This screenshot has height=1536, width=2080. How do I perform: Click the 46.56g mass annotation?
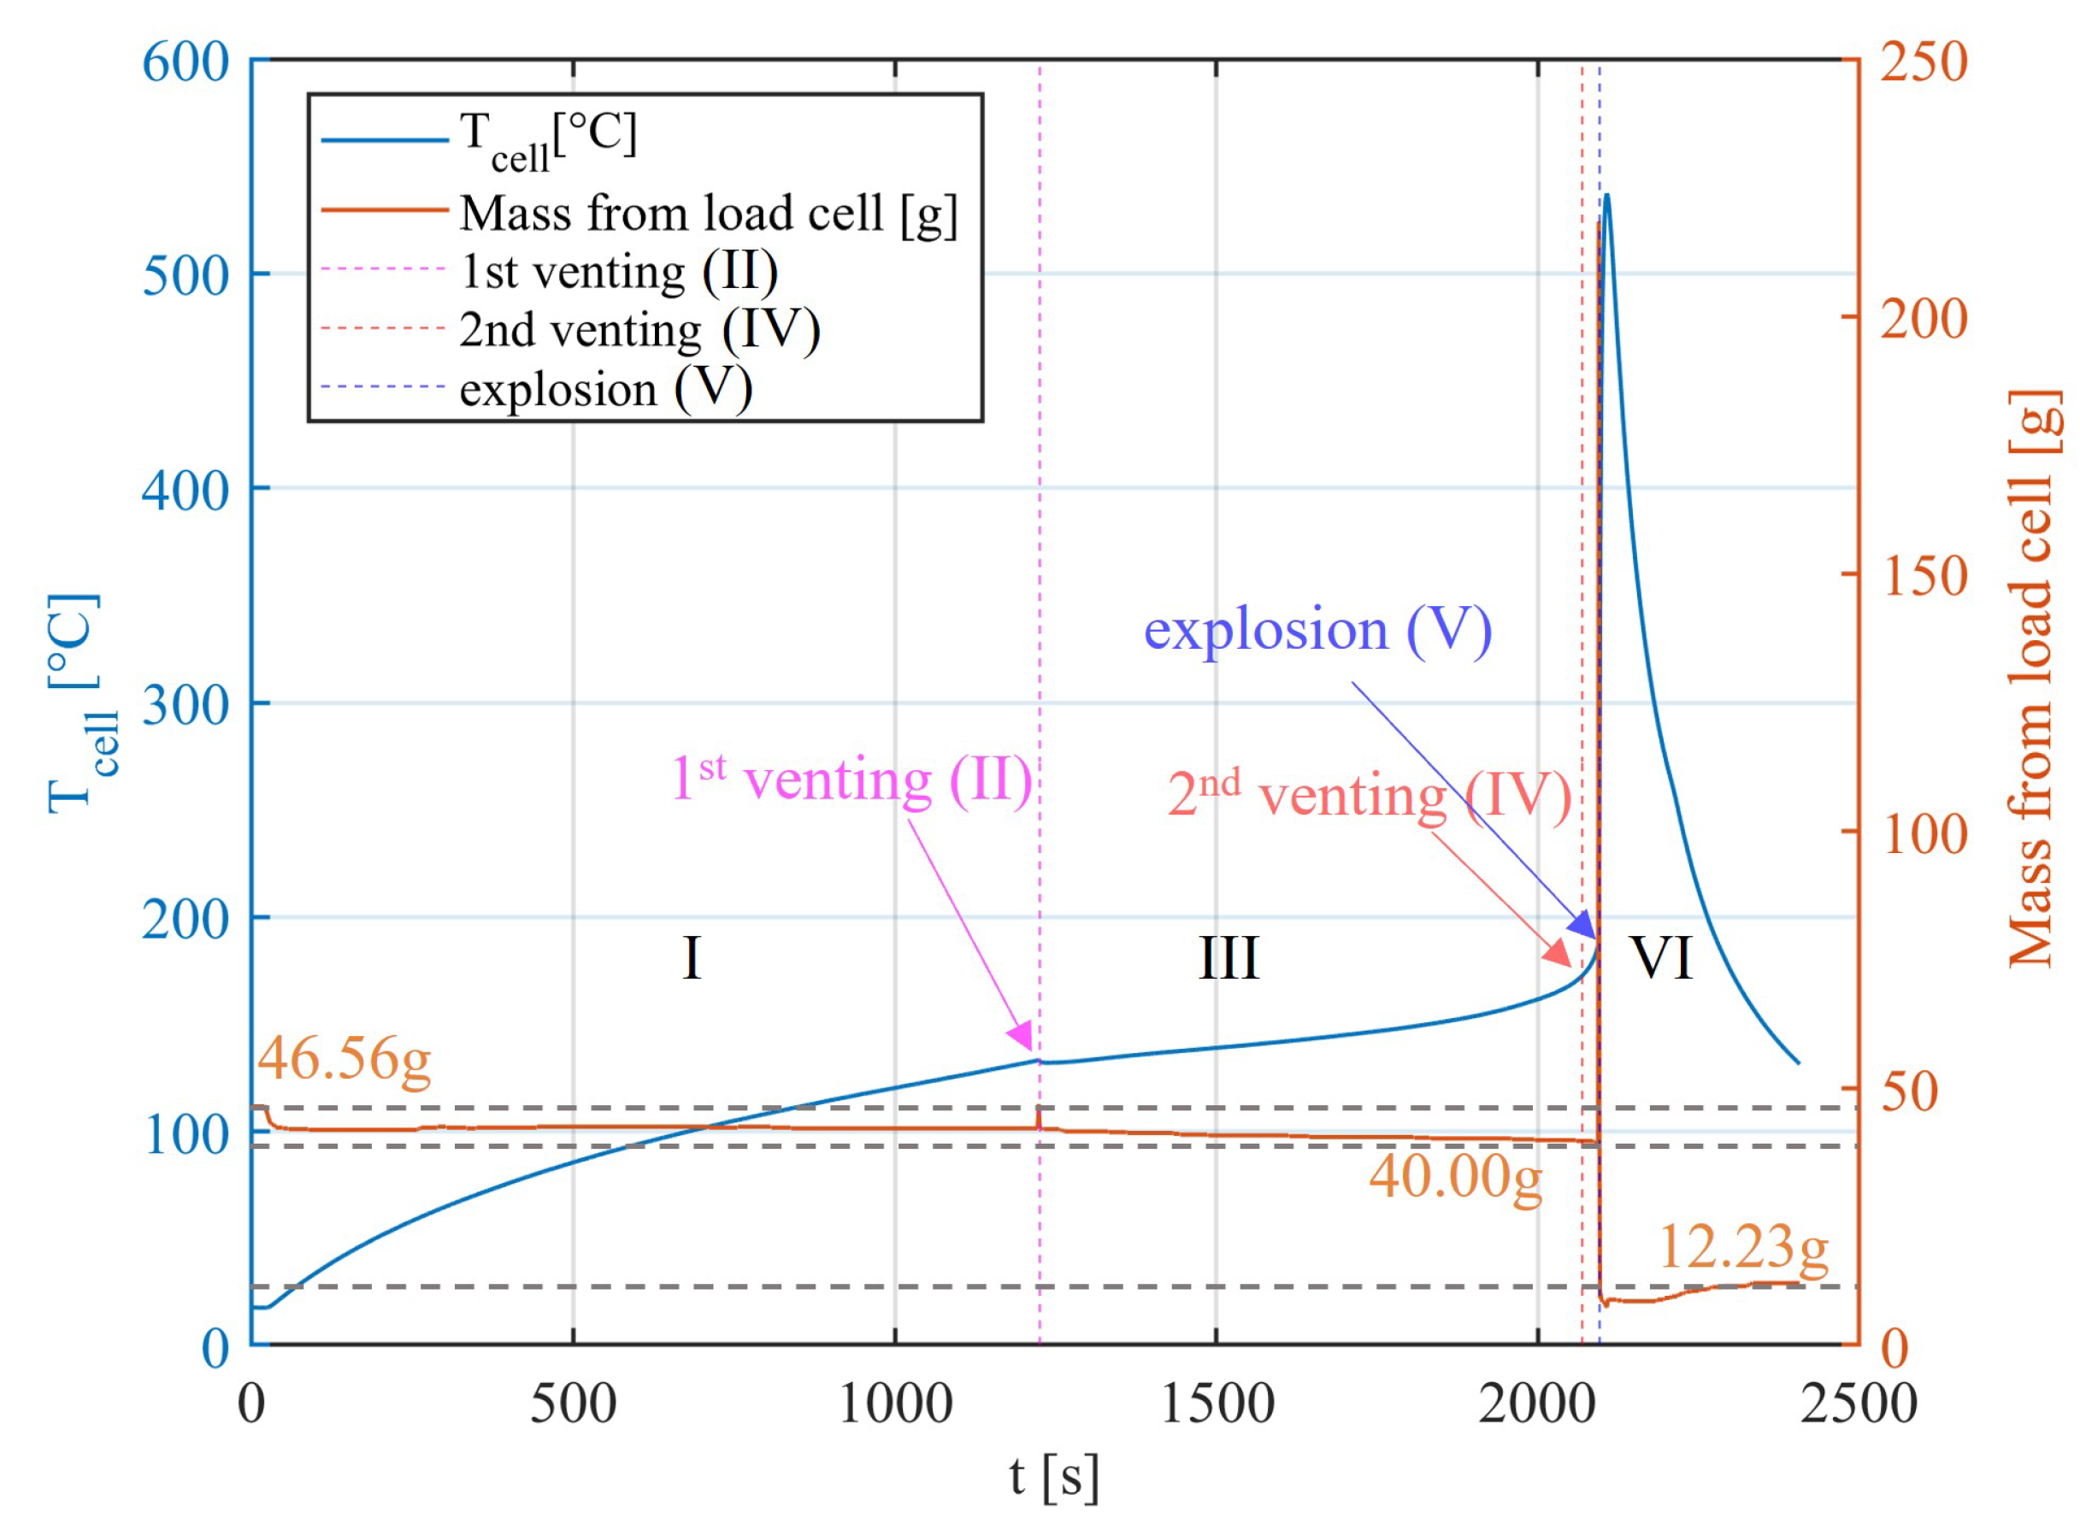(344, 1059)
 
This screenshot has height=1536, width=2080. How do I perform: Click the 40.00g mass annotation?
(1455, 1177)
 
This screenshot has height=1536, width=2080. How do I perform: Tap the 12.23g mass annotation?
(1742, 1247)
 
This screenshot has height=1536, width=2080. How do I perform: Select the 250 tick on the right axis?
(1923, 63)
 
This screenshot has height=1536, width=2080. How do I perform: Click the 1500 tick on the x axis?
(1217, 1405)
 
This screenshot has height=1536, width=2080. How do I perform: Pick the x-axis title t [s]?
(1053, 1476)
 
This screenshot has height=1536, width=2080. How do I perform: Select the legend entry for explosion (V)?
(605, 389)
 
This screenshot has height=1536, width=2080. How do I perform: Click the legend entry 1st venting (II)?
(618, 272)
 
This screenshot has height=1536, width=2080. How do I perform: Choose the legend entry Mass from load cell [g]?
(708, 213)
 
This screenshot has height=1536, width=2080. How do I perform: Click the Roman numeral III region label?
(1229, 958)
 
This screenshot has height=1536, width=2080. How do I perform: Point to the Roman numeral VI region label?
(1662, 957)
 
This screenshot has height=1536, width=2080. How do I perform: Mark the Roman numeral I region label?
(691, 958)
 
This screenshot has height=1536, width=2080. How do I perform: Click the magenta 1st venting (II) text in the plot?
(851, 780)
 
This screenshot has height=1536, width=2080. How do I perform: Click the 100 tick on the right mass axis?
(1923, 834)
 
